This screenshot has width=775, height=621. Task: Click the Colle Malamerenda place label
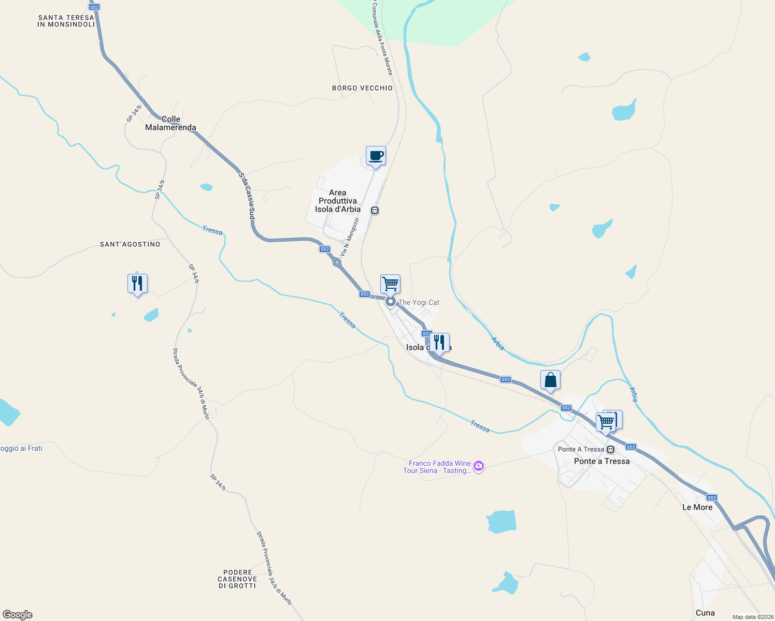click(170, 123)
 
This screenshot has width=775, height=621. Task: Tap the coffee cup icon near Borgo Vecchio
click(376, 156)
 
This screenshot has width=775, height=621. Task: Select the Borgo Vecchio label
click(362, 88)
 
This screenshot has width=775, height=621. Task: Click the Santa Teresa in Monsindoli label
click(66, 21)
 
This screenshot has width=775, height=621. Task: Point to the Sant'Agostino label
click(130, 244)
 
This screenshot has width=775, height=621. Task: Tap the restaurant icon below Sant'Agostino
click(137, 284)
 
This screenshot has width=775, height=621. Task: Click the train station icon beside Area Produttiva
click(375, 210)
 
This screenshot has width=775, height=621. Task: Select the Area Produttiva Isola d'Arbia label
click(338, 201)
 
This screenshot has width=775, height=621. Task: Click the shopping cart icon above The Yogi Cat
click(390, 284)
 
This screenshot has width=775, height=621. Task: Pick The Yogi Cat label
click(419, 302)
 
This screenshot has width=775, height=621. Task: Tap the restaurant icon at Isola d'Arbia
click(439, 343)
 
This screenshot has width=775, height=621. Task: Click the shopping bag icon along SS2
click(550, 380)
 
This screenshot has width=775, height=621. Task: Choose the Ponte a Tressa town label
click(601, 461)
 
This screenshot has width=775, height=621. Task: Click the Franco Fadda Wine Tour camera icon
click(479, 467)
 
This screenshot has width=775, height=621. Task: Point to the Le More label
click(697, 507)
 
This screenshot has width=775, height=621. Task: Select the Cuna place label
click(705, 613)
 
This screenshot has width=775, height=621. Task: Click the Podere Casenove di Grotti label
click(237, 579)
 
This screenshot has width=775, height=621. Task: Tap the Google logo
click(18, 615)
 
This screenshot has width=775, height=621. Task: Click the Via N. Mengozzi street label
click(350, 237)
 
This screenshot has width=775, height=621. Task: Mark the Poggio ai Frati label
click(21, 448)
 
